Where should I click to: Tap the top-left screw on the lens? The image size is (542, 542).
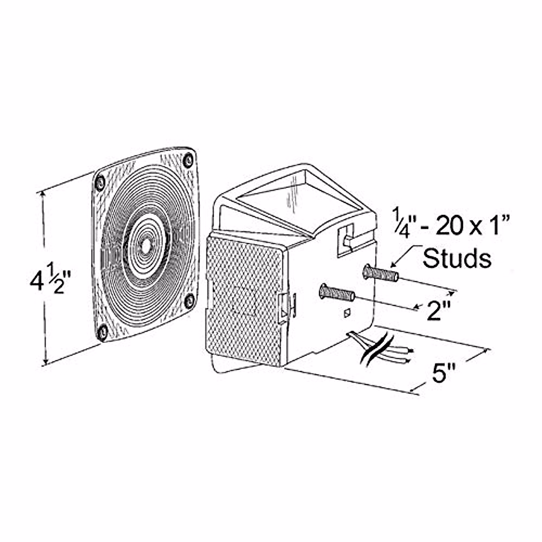pyautogui.click(x=100, y=182)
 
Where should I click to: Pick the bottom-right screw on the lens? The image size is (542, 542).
pyautogui.click(x=190, y=301)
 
